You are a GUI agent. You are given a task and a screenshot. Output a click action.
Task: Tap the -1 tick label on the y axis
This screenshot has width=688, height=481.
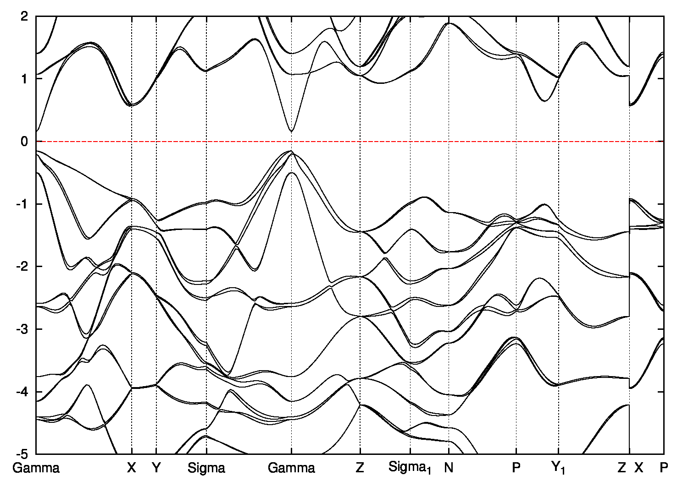pyautogui.click(x=23, y=204)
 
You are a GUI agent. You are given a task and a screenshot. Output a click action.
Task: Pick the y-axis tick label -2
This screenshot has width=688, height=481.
pyautogui.click(x=23, y=267)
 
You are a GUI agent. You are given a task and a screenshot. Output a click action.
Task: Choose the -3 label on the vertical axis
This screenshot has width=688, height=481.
pyautogui.click(x=23, y=329)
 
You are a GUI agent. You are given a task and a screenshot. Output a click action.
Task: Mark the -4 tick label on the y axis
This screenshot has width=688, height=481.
pyautogui.click(x=23, y=392)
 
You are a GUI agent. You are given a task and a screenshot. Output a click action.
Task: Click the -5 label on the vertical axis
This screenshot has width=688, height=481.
pyautogui.click(x=23, y=454)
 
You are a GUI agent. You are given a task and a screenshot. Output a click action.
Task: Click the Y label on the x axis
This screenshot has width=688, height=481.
pyautogui.click(x=156, y=468)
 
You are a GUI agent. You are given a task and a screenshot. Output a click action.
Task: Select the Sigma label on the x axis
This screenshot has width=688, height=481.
pyautogui.click(x=206, y=468)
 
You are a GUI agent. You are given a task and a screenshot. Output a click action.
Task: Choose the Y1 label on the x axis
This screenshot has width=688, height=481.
pyautogui.click(x=558, y=468)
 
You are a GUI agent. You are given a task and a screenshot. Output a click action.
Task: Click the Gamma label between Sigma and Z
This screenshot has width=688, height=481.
pyautogui.click(x=291, y=468)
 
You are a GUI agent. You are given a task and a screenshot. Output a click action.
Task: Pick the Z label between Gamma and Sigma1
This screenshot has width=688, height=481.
pyautogui.click(x=360, y=468)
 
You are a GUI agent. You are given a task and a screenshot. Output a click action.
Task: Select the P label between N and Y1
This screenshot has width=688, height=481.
pyautogui.click(x=516, y=468)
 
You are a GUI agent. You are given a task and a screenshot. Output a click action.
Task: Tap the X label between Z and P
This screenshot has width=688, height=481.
pyautogui.click(x=639, y=468)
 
